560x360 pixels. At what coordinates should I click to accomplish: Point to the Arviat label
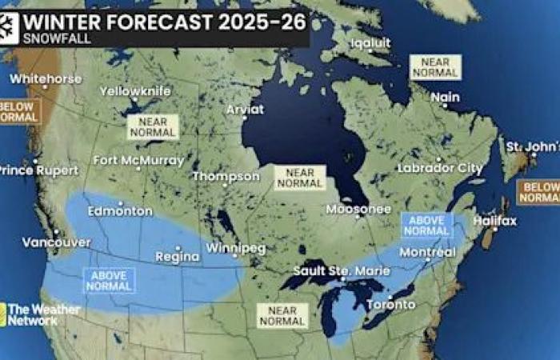pos(245,110)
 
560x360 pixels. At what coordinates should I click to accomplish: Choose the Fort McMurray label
pos(138,160)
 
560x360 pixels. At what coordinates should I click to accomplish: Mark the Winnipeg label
pos(235,248)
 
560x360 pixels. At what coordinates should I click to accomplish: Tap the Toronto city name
pos(390,305)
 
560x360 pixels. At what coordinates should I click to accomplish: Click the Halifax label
pos(495,220)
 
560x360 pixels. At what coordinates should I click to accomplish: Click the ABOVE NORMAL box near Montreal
pos(426,225)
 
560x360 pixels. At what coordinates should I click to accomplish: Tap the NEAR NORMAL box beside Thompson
pos(300,178)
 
